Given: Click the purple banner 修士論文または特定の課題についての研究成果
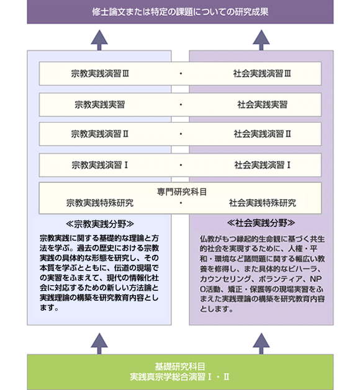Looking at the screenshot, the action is pyautogui.click(x=180, y=12).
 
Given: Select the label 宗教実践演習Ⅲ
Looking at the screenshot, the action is pyautogui.click(x=100, y=74).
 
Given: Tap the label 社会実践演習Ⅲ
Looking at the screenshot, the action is pyautogui.click(x=262, y=74).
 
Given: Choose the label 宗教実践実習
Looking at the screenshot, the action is pyautogui.click(x=99, y=105).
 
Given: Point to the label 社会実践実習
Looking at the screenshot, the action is pyautogui.click(x=262, y=105).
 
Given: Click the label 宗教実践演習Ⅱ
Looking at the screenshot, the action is pyautogui.click(x=100, y=134).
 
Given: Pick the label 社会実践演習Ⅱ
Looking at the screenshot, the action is pyautogui.click(x=262, y=134).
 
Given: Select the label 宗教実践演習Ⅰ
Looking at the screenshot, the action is pyautogui.click(x=100, y=165).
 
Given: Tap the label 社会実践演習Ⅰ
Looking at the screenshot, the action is pyautogui.click(x=263, y=165).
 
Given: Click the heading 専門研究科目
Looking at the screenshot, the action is pyautogui.click(x=182, y=192).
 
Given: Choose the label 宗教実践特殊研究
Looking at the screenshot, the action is pyautogui.click(x=100, y=203).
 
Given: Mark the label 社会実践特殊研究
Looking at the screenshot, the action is pyautogui.click(x=263, y=203).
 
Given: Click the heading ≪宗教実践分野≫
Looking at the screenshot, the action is pyautogui.click(x=100, y=224).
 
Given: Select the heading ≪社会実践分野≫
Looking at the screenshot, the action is pyautogui.click(x=261, y=223).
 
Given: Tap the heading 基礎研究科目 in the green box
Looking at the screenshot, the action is pyautogui.click(x=180, y=366).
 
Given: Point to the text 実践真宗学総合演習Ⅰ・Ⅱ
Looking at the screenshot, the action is pyautogui.click(x=179, y=377).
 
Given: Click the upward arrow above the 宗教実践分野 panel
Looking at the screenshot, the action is pyautogui.click(x=99, y=40).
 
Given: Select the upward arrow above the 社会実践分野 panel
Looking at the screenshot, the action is pyautogui.click(x=261, y=40).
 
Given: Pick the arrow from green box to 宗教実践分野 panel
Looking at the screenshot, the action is pyautogui.click(x=99, y=343).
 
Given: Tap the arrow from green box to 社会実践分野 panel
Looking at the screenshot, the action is pyautogui.click(x=261, y=343).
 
